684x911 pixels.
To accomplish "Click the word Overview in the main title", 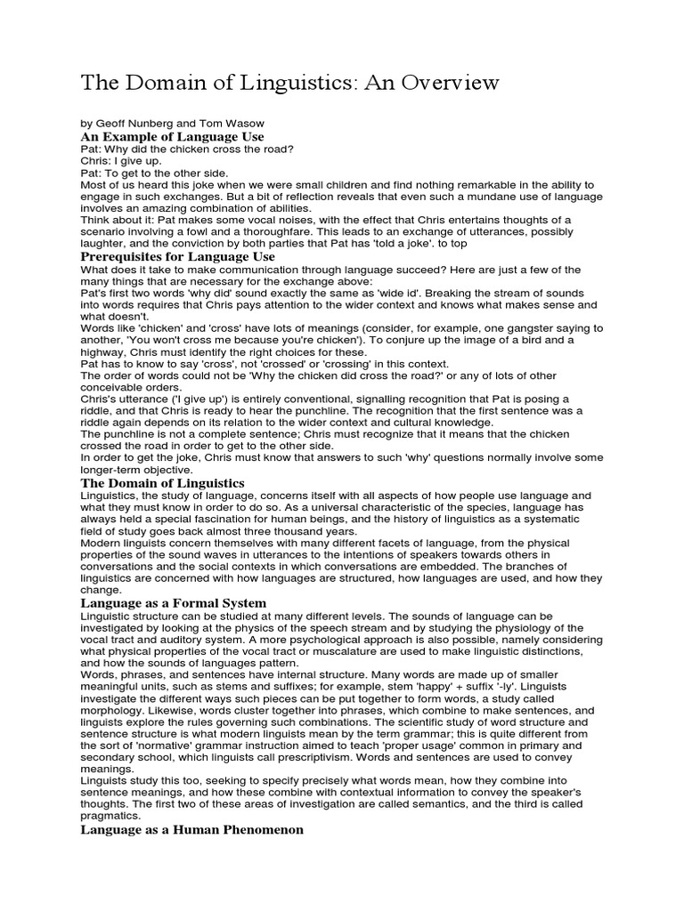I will tap(442, 84).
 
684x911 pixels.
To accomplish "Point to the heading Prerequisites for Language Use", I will tap(177, 256).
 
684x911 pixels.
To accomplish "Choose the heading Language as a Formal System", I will tap(174, 603).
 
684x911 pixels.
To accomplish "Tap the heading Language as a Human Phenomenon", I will tap(191, 830).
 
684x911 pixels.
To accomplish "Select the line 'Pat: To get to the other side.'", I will tap(143, 173).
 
